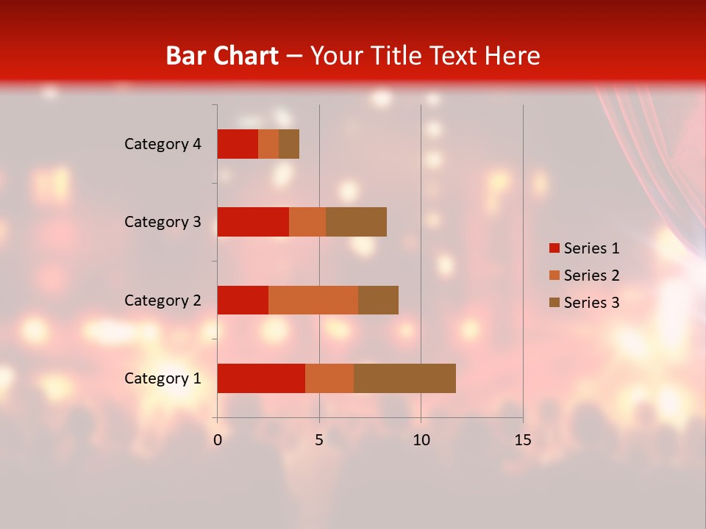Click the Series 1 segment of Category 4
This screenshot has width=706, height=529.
(238, 144)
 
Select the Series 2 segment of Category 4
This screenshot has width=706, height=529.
(268, 144)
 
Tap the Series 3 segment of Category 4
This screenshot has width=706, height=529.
(289, 144)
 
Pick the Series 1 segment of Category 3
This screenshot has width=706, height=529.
(253, 222)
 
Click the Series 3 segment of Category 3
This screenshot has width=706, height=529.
(356, 222)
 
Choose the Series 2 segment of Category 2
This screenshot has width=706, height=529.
(313, 300)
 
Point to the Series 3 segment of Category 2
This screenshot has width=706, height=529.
(378, 300)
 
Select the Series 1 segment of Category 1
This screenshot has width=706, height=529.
(261, 378)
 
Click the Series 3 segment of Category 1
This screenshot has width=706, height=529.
(404, 378)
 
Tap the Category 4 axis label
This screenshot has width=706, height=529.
(163, 144)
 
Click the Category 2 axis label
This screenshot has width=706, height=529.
(163, 300)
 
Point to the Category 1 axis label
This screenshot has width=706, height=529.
(163, 378)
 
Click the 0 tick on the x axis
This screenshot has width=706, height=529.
(218, 440)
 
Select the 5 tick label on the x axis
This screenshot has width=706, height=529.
(319, 440)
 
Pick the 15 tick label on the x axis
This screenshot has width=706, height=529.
(522, 440)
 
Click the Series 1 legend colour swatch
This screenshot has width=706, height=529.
(554, 248)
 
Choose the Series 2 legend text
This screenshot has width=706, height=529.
(591, 276)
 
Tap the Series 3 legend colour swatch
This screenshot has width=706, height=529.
(554, 303)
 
